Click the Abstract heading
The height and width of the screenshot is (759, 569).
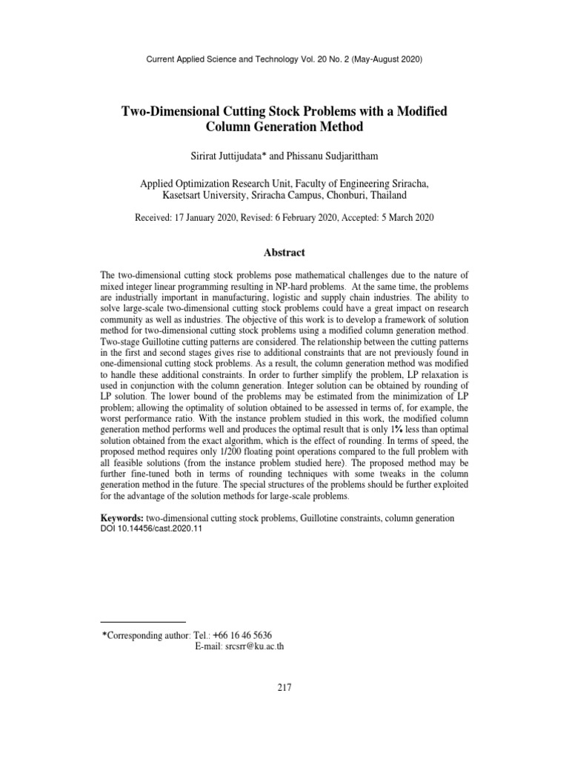[284, 253]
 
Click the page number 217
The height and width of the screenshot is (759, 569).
[284, 688]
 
